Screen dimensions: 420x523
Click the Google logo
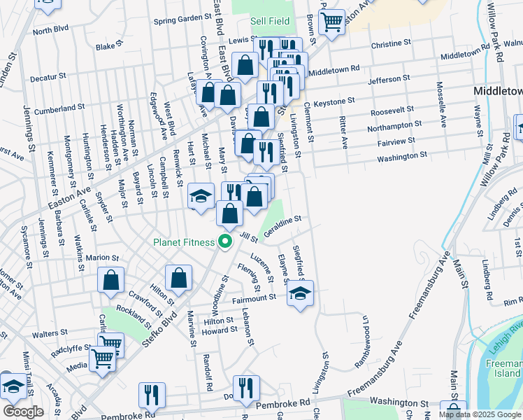coord(23,411)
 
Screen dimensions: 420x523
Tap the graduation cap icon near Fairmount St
coord(300,292)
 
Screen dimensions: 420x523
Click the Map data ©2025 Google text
coord(480,414)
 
